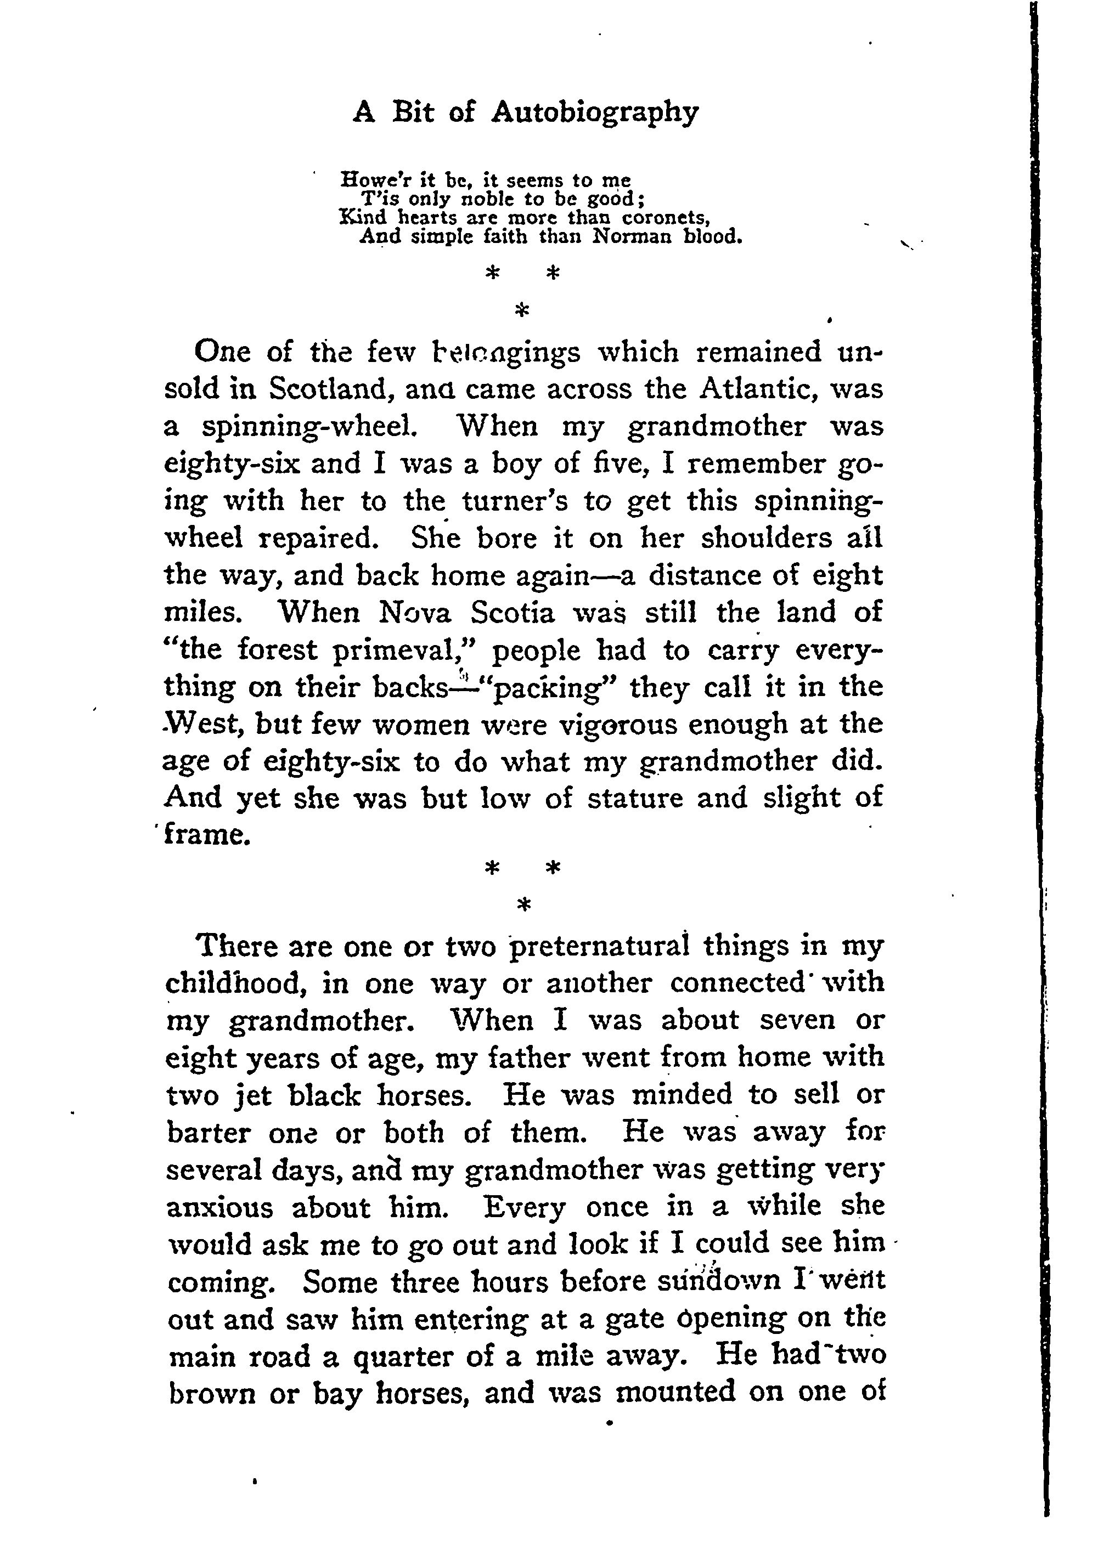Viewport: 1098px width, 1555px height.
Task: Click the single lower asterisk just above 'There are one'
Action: point(522,903)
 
